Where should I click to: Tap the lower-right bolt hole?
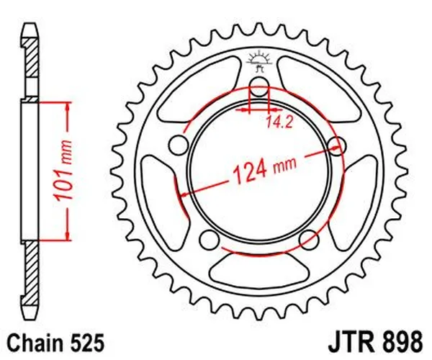tap(307, 238)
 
